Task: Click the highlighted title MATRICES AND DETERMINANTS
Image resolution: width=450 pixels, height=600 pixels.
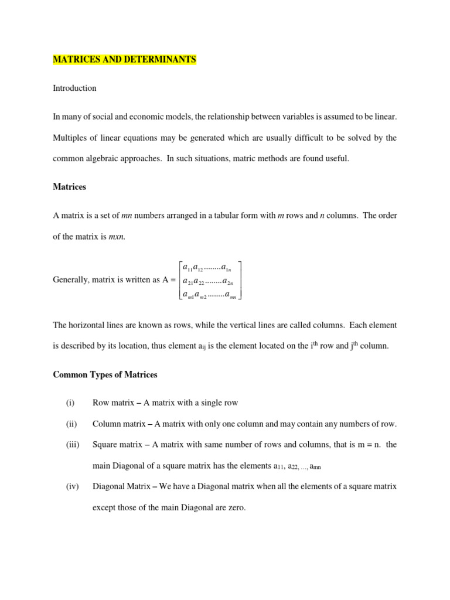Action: (125, 60)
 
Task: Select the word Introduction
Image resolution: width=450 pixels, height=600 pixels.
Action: (74, 88)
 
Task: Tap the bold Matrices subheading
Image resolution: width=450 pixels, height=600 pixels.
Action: (69, 187)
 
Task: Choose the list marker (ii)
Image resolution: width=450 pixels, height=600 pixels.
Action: (71, 424)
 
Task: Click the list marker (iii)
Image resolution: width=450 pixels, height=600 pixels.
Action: (72, 445)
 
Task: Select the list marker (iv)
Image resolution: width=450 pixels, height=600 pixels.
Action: (71, 486)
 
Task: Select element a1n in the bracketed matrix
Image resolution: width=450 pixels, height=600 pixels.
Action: (227, 268)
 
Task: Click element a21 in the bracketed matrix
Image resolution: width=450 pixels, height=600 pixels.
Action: (189, 281)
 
